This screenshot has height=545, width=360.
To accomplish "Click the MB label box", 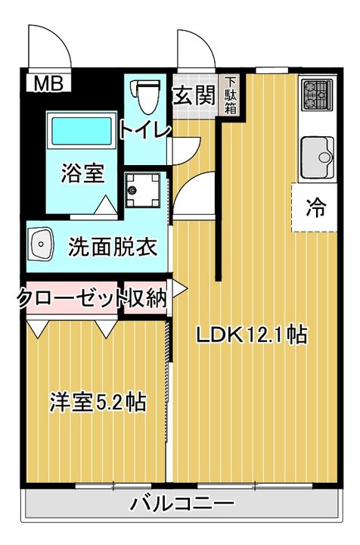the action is click(48, 83).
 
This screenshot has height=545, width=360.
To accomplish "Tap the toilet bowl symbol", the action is click(144, 96).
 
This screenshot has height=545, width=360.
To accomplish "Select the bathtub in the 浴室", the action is click(82, 131).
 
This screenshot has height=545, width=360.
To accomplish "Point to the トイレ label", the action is click(145, 130).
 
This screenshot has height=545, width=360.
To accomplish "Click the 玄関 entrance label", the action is click(194, 95).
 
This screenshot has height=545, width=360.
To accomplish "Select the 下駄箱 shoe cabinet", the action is click(231, 95).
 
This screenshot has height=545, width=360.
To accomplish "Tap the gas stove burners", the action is click(317, 95).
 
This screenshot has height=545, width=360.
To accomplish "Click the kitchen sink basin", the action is click(317, 157).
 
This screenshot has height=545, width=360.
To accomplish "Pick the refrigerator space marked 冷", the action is click(315, 208).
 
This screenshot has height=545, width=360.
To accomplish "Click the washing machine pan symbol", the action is click(142, 190).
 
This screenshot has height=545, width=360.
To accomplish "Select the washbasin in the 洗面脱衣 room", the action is click(41, 244).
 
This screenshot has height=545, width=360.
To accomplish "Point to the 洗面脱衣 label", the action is click(113, 247).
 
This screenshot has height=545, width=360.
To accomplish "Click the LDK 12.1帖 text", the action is click(252, 335).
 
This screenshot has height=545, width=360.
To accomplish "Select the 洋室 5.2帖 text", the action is click(98, 402).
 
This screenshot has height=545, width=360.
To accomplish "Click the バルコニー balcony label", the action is click(182, 504).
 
